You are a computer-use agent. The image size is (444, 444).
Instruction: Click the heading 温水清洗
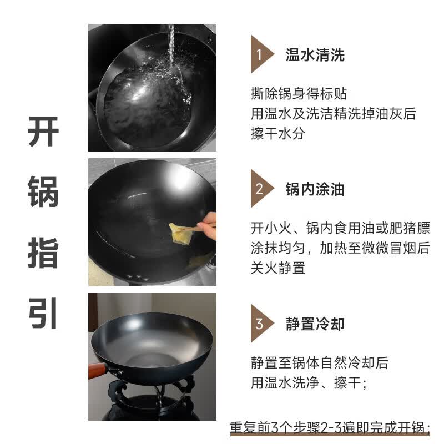[x=315, y=54]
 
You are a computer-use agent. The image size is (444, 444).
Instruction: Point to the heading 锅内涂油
[x=315, y=189]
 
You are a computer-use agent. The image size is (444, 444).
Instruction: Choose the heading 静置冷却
[x=315, y=324]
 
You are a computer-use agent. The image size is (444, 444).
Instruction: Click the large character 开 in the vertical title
[x=43, y=132]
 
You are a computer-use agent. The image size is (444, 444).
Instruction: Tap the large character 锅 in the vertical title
[x=43, y=191]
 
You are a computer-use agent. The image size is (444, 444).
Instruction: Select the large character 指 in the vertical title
[x=43, y=253]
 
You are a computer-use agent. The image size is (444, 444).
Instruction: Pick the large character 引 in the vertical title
[x=43, y=314]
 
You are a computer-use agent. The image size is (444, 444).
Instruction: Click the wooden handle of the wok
[x=98, y=370]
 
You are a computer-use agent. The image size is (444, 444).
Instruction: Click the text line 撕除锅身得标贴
[x=299, y=93]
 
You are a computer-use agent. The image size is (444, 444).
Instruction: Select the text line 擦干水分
[x=278, y=133]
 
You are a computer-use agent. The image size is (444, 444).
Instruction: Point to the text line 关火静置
[x=278, y=268]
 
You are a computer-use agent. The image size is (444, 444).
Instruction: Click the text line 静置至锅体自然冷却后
[x=320, y=363]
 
